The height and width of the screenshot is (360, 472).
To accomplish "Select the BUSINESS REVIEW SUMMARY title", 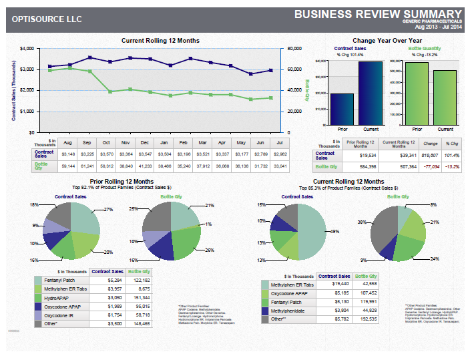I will pyautogui.click(x=378, y=14).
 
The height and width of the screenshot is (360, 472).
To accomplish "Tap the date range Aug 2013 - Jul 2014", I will pyautogui.click(x=438, y=27).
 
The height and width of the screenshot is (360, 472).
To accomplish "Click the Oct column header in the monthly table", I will pyautogui.click(x=106, y=142).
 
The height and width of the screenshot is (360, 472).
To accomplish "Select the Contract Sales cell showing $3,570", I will pyautogui.click(x=106, y=153).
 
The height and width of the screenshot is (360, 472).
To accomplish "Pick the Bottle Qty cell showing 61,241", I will pyautogui.click(x=87, y=165).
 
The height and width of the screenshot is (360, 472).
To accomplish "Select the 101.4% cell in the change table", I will pyautogui.click(x=451, y=154).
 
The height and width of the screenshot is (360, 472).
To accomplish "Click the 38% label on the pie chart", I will pyautogui.click(x=361, y=221).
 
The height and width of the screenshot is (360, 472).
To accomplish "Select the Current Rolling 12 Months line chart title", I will pyautogui.click(x=159, y=41).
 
